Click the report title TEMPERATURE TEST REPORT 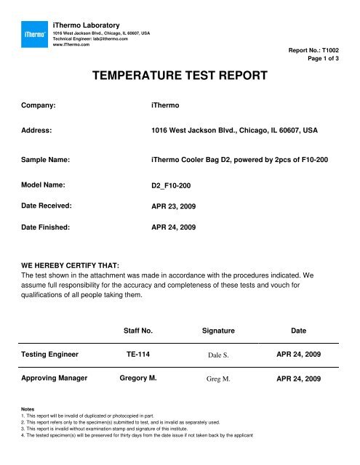[180, 74]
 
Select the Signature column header [217, 330]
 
